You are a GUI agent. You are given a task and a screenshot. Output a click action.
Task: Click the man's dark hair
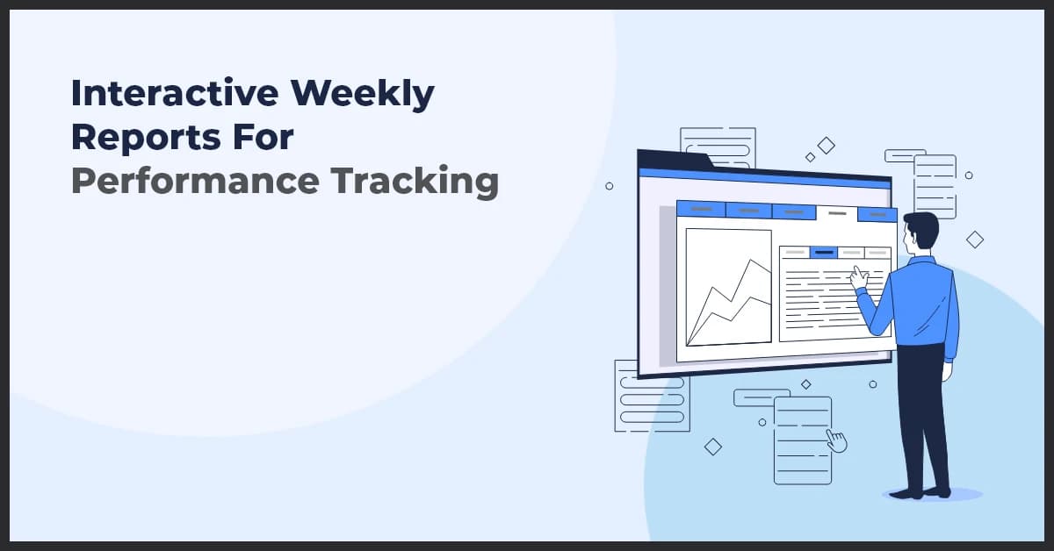point(923,227)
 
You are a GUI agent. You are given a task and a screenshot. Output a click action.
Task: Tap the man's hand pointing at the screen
point(858,277)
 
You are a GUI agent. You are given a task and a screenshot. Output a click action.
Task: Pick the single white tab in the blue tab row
point(837,212)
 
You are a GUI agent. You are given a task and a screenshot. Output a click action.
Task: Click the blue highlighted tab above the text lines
point(823,253)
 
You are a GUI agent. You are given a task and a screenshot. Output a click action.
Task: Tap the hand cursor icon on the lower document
point(836,440)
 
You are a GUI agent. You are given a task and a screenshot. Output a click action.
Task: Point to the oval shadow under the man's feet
point(931,495)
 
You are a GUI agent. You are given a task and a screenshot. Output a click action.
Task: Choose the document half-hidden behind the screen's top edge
point(718,146)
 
